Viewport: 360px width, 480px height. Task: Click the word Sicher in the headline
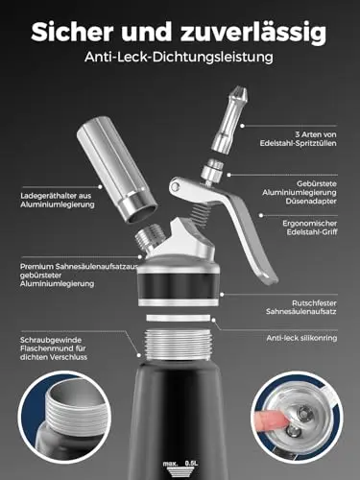(x=72, y=32)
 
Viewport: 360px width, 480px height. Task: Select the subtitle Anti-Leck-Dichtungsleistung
(x=180, y=57)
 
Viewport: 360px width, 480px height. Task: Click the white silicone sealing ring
(x=179, y=319)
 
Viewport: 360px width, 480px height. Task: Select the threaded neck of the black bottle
(x=179, y=346)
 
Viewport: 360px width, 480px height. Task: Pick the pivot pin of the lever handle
(x=175, y=186)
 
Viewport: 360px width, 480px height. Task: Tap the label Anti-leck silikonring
(x=301, y=338)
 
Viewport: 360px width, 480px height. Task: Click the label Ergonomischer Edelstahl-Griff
(x=310, y=228)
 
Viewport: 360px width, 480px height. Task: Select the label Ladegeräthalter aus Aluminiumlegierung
(x=58, y=200)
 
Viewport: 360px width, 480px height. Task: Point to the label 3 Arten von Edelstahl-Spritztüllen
(x=299, y=138)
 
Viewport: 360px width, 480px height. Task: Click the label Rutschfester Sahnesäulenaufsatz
(x=301, y=307)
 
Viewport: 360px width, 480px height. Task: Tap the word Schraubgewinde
(x=51, y=340)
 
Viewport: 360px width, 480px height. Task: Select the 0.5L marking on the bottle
(x=192, y=463)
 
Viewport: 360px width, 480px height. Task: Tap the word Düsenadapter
(x=311, y=202)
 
